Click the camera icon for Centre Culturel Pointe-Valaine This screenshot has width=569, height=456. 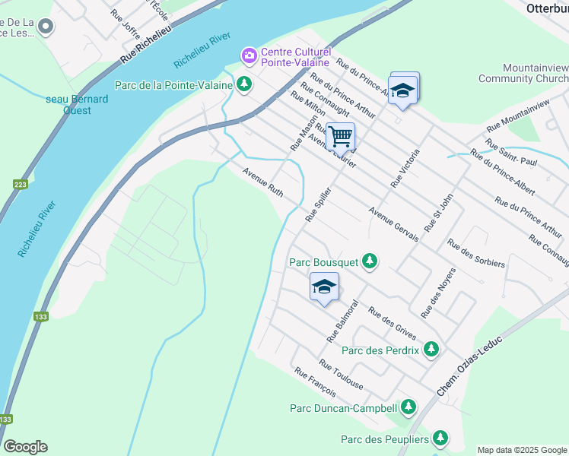pyautogui.click(x=249, y=55)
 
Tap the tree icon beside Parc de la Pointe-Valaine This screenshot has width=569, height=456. pyautogui.click(x=243, y=84)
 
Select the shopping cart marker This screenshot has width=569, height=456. pyautogui.click(x=340, y=137)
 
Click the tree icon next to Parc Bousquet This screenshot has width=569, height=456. pyautogui.click(x=370, y=262)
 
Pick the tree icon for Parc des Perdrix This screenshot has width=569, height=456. pyautogui.click(x=431, y=350)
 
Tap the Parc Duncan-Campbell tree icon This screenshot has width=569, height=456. pyautogui.click(x=409, y=407)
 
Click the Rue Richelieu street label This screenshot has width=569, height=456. pyautogui.click(x=153, y=46)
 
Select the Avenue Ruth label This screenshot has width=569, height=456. pyautogui.click(x=263, y=183)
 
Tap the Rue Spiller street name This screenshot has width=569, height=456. pyautogui.click(x=319, y=204)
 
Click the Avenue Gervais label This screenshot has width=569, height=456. pyautogui.click(x=393, y=224)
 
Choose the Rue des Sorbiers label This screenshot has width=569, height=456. pyautogui.click(x=476, y=253)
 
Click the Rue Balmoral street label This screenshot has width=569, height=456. pyautogui.click(x=342, y=320)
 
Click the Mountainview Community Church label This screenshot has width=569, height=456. pyautogui.click(x=523, y=73)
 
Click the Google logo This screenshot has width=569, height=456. pyautogui.click(x=25, y=447)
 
